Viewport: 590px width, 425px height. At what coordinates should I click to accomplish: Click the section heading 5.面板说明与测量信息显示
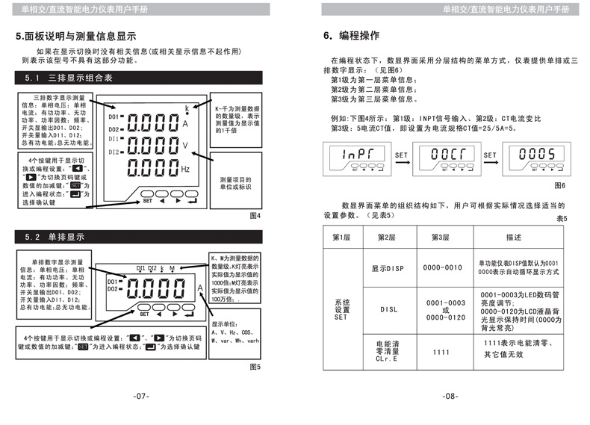click(75, 36)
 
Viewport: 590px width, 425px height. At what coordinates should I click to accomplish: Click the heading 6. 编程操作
click(351, 36)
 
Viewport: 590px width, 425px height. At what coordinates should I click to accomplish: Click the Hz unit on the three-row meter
click(187, 170)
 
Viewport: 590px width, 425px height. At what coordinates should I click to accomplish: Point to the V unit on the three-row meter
click(186, 145)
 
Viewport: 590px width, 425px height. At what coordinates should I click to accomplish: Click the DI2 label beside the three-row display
click(114, 152)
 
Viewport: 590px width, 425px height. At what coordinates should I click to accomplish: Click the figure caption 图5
click(255, 366)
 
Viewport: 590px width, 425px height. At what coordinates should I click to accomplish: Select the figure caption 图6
click(559, 184)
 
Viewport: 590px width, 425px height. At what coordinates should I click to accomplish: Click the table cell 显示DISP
click(387, 267)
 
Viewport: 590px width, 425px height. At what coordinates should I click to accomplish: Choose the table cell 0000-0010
click(442, 267)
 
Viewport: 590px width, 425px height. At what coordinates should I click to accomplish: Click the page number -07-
click(141, 396)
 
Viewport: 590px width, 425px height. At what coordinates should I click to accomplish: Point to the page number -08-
click(449, 396)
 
